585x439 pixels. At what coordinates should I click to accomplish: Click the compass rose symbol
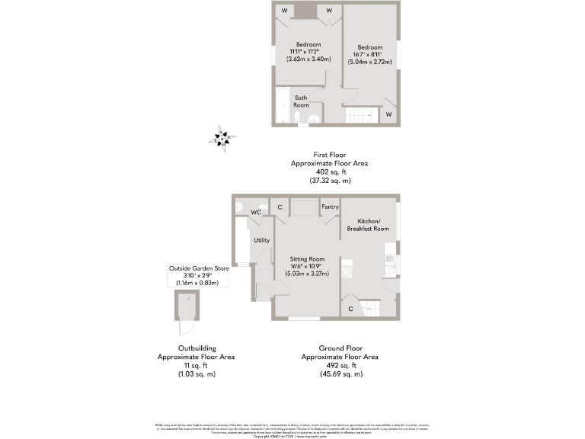coord(222,138)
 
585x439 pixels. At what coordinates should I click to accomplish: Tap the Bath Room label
coord(302,101)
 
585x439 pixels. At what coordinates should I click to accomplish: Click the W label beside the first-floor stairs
coord(388,114)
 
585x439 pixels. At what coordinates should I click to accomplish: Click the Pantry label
coord(330,207)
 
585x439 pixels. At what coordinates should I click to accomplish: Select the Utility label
coord(262,240)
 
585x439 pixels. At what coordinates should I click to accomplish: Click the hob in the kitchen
coord(348,268)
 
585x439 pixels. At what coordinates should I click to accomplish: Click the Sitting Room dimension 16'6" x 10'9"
coord(306,267)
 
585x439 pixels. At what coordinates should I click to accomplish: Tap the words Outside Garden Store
coord(200,268)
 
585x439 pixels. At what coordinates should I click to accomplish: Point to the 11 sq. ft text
coord(196,365)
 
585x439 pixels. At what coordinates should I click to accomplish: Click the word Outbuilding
coord(196,348)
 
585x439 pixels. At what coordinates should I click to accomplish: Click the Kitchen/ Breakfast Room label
coord(368,224)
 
